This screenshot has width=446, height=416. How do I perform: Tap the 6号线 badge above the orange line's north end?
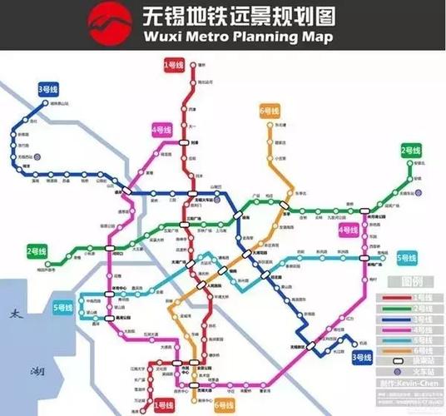pos(269,111)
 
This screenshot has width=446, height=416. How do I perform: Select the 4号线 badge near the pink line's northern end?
pos(161,130)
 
